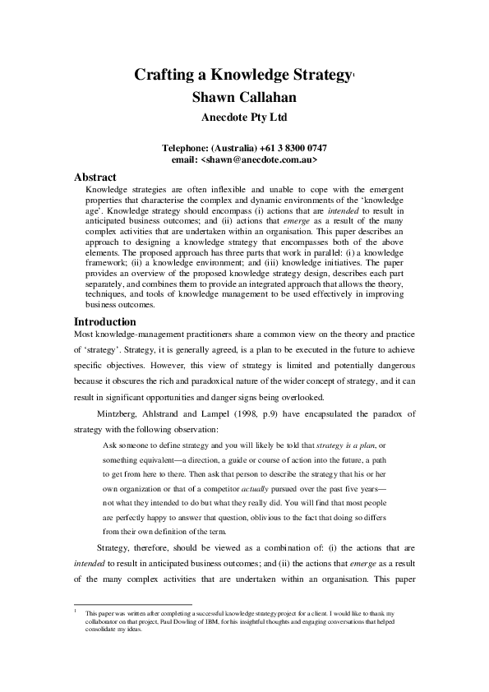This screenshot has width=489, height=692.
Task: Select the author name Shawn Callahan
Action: [244, 99]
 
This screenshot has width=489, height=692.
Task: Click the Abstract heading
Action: [95, 178]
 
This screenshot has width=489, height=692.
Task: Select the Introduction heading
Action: [105, 321]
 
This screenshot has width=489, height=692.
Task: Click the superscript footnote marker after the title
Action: [353, 74]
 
